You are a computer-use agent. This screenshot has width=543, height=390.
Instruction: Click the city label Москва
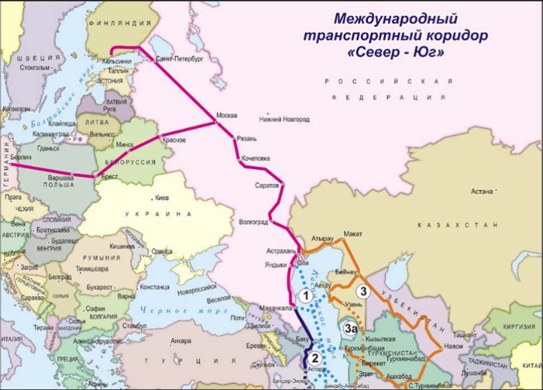[227, 115]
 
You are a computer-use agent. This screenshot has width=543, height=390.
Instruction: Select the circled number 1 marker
[304, 295]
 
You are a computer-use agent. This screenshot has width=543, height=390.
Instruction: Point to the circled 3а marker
[350, 328]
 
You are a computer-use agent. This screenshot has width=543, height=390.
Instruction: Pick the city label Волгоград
[253, 222]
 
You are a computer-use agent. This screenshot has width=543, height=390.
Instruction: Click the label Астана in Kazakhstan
[481, 191]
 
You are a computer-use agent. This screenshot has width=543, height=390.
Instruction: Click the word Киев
[162, 199]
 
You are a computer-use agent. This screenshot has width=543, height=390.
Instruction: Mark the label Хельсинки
[115, 61]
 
